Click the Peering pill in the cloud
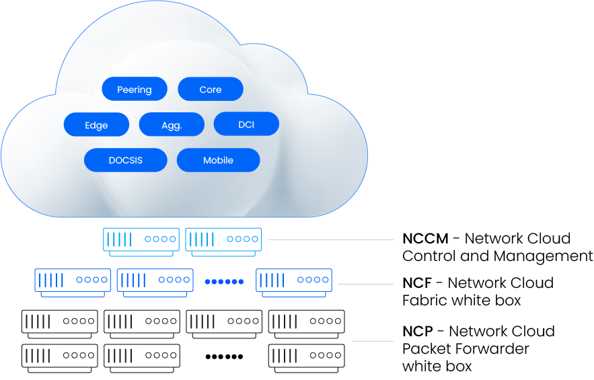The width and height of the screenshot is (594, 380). click(x=135, y=89)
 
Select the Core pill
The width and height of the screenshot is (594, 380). click(x=211, y=89)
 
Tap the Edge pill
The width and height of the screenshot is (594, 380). click(x=96, y=124)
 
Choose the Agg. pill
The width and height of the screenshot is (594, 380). click(x=172, y=124)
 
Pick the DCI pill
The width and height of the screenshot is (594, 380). click(x=246, y=124)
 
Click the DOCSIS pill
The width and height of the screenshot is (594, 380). click(x=125, y=160)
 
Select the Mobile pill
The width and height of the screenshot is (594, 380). click(x=218, y=160)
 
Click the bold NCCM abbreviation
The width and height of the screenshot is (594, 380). click(x=425, y=239)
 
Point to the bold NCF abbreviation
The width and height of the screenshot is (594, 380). click(x=417, y=283)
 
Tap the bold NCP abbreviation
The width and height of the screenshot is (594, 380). click(x=418, y=332)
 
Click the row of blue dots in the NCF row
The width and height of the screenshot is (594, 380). click(x=224, y=282)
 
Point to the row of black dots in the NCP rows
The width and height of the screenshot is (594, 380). click(x=224, y=356)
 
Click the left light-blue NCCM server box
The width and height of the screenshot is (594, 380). click(x=141, y=242)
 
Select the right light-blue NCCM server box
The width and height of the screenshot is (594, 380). click(x=223, y=242)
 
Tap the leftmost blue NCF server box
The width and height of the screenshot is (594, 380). click(x=73, y=283)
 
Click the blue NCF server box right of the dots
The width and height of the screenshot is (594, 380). click(x=294, y=283)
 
